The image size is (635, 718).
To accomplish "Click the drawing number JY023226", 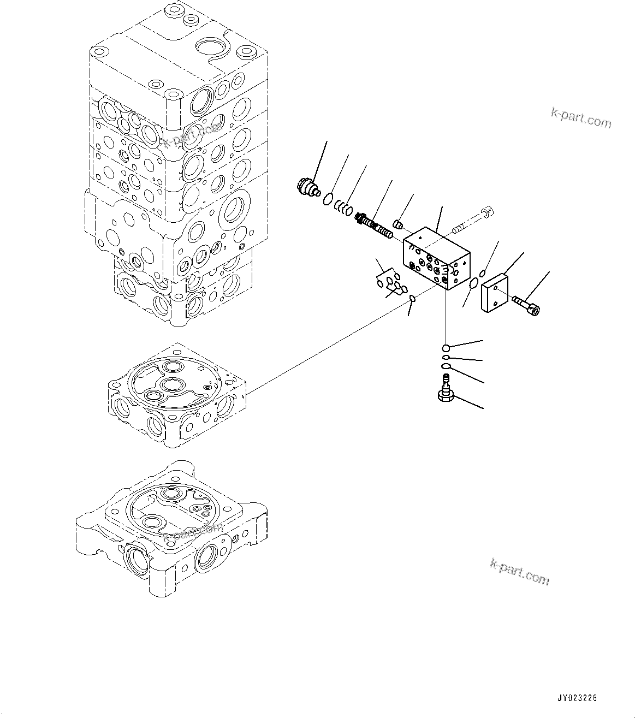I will tap(577, 698).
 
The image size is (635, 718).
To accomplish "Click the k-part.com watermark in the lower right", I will tap(519, 571).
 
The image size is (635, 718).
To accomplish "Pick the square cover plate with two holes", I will tap(495, 293).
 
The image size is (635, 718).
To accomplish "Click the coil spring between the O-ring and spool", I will tap(342, 208).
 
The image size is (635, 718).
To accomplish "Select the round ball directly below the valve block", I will tap(446, 348).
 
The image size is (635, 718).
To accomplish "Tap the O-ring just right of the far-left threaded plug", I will tap(327, 199).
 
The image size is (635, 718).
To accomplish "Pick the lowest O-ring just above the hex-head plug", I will tap(446, 366).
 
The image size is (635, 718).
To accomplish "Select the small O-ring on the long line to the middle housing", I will tap(412, 298).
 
